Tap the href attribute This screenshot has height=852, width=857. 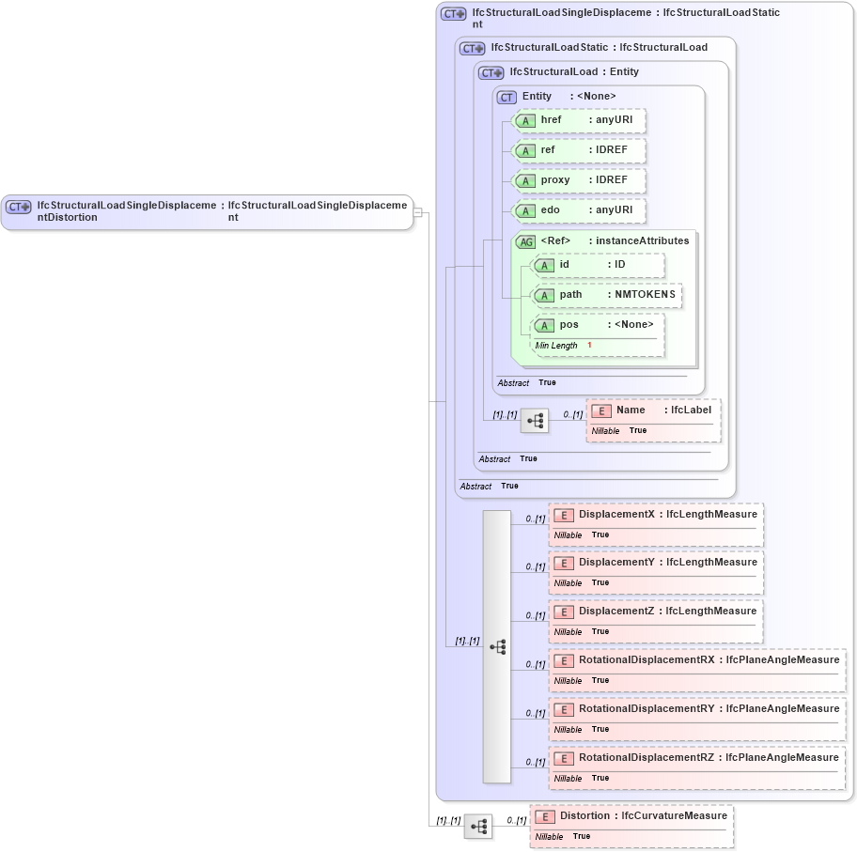pyautogui.click(x=579, y=120)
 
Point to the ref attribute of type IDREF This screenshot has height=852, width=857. pyautogui.click(x=579, y=150)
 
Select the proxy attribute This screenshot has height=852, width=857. pyautogui.click(x=579, y=180)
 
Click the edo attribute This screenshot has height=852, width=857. pyautogui.click(x=579, y=210)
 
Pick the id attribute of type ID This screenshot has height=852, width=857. pyautogui.click(x=598, y=265)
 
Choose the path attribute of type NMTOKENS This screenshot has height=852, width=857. pyautogui.click(x=606, y=295)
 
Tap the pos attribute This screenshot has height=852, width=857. pyautogui.click(x=598, y=325)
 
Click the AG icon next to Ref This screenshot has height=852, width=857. pyautogui.click(x=526, y=241)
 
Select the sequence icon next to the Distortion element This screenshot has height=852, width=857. pyautogui.click(x=477, y=827)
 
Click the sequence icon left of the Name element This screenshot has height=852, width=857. pyautogui.click(x=535, y=421)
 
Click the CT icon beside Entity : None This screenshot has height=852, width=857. pyautogui.click(x=507, y=97)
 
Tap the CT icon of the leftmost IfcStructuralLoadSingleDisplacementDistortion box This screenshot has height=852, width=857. pyautogui.click(x=20, y=207)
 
